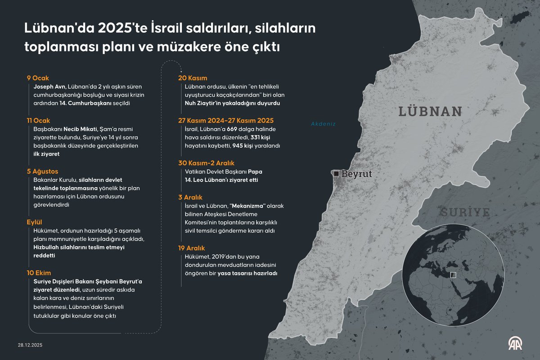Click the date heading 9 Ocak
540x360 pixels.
pos(38,78)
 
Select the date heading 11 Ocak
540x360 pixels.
pos(39,121)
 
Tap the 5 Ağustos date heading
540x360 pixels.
pos(42,171)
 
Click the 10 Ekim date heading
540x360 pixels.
pos(39,273)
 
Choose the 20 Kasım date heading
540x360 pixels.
pos(193,78)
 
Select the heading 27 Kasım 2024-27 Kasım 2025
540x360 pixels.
pos(226,121)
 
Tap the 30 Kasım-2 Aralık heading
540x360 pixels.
pos(207,163)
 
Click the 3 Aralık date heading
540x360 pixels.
pos(191,197)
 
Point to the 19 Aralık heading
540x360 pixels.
pos(192,248)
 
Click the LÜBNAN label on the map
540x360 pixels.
pos(430,111)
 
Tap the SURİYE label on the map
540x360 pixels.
pos(465,212)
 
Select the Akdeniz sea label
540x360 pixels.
pos(324,124)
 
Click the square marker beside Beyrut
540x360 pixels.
pos(336,173)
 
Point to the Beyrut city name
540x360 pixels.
pos(356,174)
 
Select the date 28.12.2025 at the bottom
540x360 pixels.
pos(30,345)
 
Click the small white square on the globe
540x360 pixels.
pos(453,275)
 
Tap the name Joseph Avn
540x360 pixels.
pos(50,86)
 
